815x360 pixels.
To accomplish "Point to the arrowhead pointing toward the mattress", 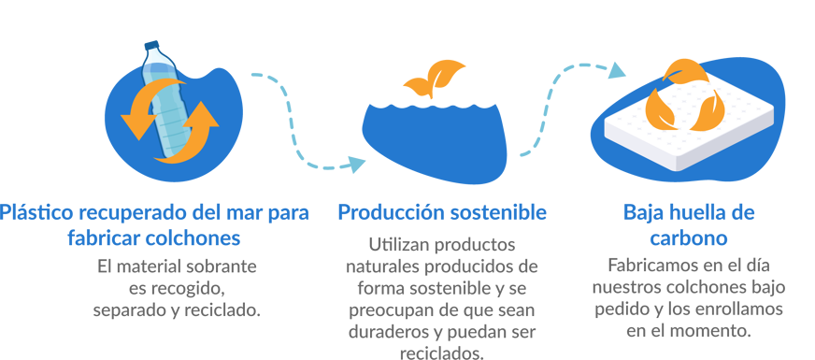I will tap(618, 69).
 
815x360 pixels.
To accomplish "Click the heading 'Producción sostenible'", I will tap(442, 212).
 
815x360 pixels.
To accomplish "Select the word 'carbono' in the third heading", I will tap(688, 235).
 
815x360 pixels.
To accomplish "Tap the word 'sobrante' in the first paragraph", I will tap(223, 266).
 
